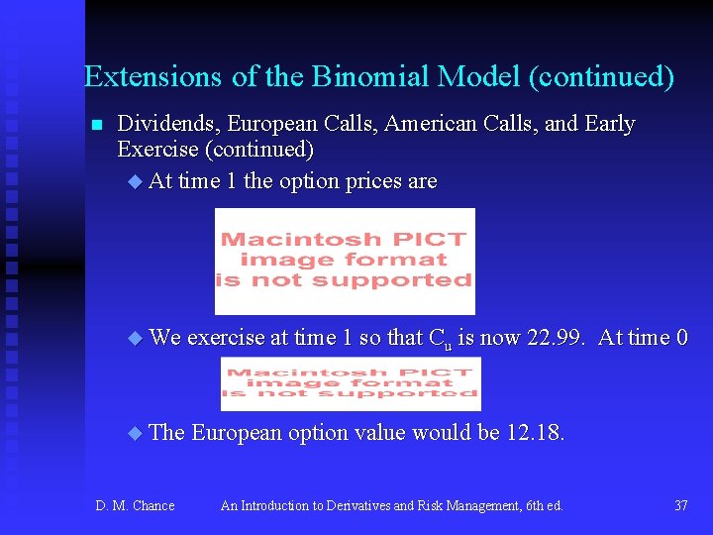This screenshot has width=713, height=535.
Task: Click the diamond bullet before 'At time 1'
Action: tap(136, 182)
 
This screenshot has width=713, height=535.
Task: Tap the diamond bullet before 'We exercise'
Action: tap(136, 339)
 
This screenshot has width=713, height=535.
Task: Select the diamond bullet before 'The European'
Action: tap(136, 434)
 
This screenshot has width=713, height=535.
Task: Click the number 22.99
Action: tap(557, 338)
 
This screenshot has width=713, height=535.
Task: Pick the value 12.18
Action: tap(536, 433)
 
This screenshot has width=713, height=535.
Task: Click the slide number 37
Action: tap(680, 506)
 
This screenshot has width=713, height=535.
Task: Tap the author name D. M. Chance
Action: tap(135, 506)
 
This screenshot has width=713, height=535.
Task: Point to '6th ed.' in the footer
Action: tap(541, 506)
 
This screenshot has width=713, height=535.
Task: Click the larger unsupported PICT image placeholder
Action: tap(345, 261)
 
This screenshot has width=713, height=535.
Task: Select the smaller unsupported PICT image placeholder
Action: tap(351, 383)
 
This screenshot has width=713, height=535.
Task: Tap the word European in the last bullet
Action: tap(236, 433)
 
